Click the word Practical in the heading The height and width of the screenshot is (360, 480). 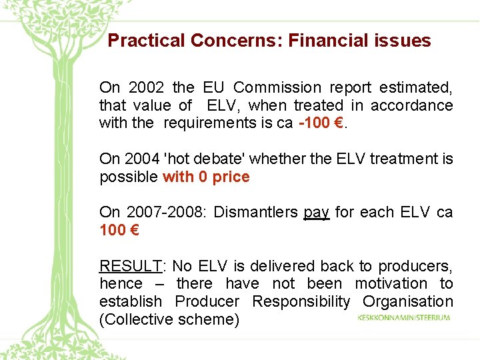(x=146, y=41)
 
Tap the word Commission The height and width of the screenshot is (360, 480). (x=277, y=87)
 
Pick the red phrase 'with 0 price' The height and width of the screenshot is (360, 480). (x=206, y=177)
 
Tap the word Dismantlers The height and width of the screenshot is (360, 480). (x=256, y=212)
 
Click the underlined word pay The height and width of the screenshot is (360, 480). (x=317, y=212)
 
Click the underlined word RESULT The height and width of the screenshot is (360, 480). (x=130, y=266)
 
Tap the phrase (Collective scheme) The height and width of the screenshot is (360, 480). (x=169, y=320)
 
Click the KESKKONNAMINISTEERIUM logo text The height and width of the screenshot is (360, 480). (x=405, y=317)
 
